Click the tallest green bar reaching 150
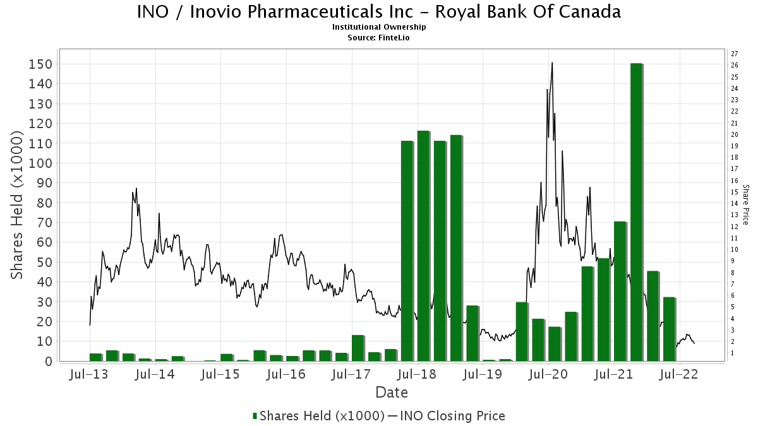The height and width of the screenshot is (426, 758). [x=636, y=212]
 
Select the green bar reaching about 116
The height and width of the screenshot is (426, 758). [x=423, y=246]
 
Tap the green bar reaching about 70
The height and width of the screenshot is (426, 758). [x=620, y=292]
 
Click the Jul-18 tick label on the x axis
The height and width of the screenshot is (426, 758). [x=418, y=374]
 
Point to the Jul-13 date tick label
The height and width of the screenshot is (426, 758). [x=88, y=374]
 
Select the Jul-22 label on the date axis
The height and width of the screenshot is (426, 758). [x=679, y=374]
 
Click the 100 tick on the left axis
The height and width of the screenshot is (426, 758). [x=40, y=163]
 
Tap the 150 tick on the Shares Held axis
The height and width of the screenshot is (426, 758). [x=40, y=64]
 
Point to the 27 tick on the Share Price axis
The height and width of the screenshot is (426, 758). [x=734, y=54]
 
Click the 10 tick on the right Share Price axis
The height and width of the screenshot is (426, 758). [x=734, y=249]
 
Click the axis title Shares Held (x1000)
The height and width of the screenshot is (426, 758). [x=16, y=205]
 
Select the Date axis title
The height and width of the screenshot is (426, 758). [x=392, y=393]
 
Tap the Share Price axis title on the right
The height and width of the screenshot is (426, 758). [x=745, y=205]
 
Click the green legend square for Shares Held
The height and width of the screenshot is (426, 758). [x=255, y=416]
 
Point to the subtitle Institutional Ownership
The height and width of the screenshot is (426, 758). [x=379, y=27]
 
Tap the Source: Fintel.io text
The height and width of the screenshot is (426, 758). [x=378, y=38]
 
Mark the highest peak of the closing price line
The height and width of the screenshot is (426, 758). [x=552, y=62]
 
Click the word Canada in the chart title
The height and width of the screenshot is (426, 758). [x=590, y=12]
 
